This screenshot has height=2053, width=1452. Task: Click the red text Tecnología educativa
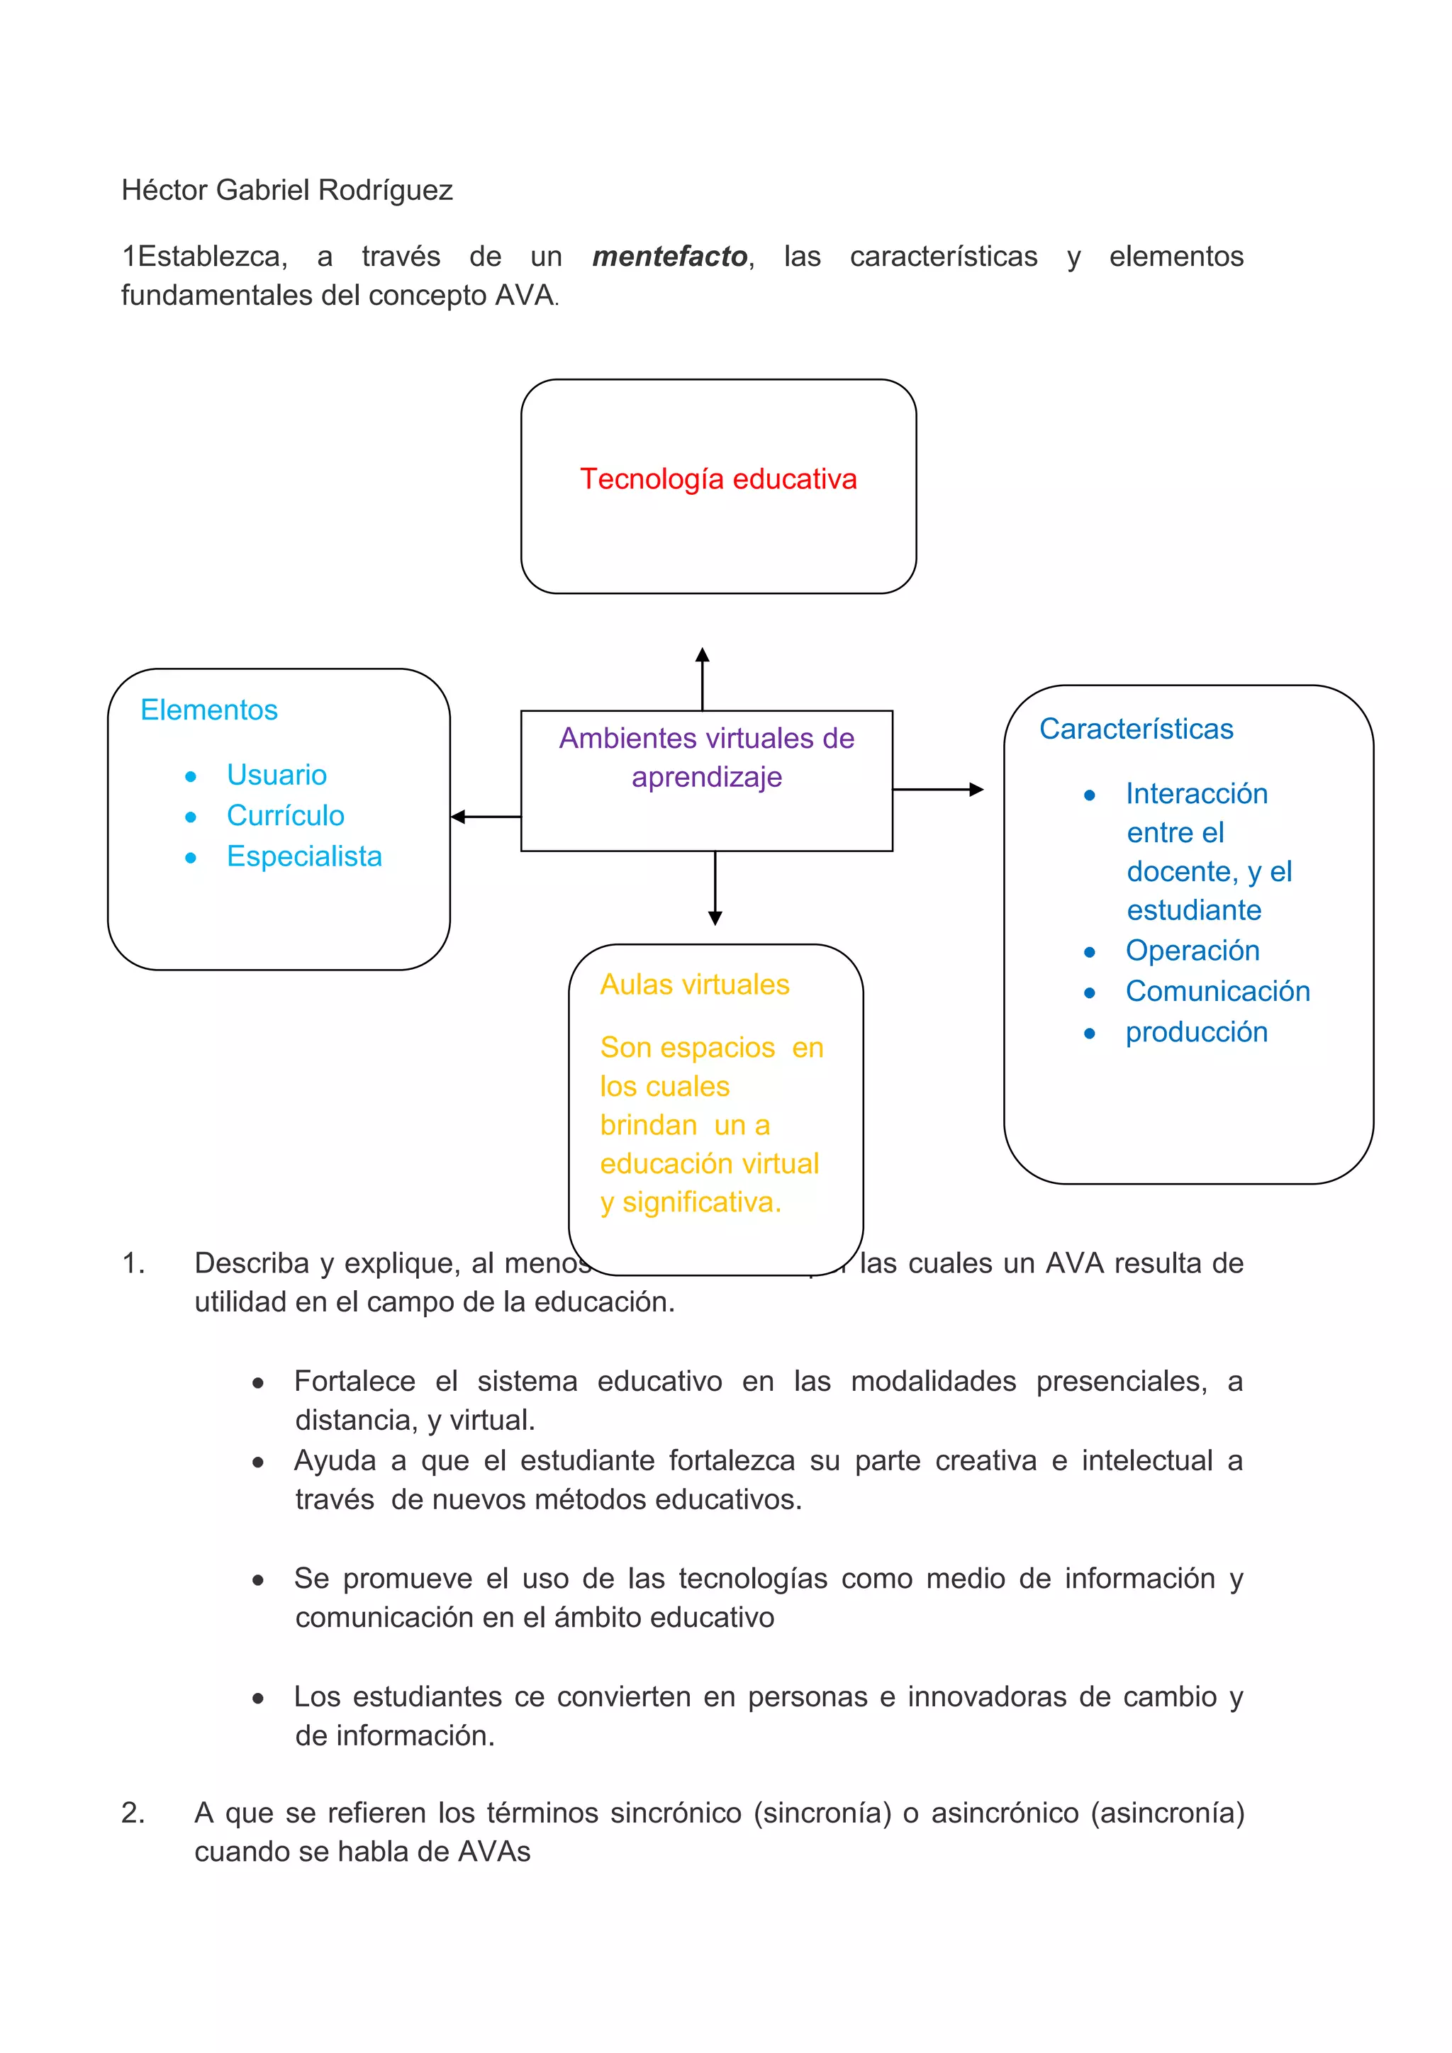[718, 479]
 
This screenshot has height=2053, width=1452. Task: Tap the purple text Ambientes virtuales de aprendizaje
[706, 757]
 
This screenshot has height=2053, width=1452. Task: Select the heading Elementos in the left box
[209, 710]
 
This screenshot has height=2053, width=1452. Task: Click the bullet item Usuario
[277, 774]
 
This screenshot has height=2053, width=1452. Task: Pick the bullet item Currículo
[285, 815]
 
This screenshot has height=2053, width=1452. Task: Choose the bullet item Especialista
[304, 856]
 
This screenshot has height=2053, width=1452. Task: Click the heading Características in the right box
[1136, 729]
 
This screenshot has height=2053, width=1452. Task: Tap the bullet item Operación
[1192, 951]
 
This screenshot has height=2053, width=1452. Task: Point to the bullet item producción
[1196, 1033]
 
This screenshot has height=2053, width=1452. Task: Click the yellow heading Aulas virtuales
[695, 985]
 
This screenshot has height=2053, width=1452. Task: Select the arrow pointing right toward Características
[938, 790]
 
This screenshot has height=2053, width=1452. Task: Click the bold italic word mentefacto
[670, 257]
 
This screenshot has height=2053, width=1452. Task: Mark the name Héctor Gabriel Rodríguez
[287, 191]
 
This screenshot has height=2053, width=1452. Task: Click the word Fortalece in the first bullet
[354, 1382]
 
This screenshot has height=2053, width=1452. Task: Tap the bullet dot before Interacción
[1089, 795]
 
